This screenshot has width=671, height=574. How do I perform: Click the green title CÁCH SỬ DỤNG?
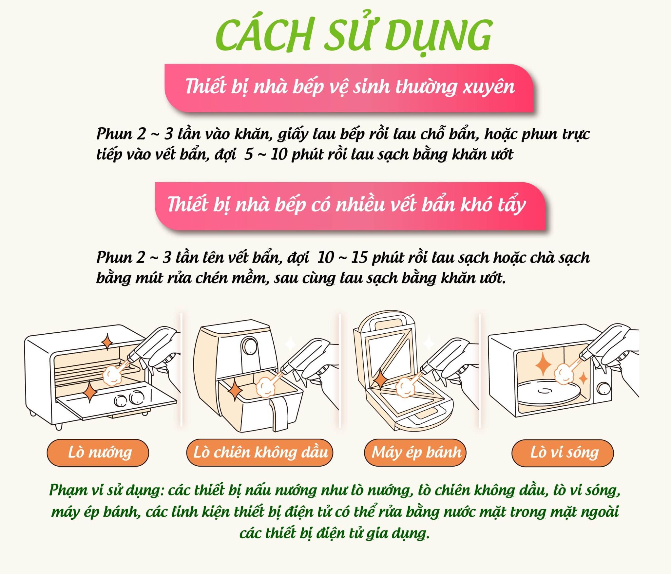coord(354,35)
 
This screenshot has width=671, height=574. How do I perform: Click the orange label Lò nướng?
coord(98,453)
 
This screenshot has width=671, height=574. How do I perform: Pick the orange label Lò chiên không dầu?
coord(260,453)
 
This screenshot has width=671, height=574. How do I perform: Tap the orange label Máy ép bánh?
coord(415,453)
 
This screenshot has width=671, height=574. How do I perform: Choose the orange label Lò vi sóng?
coord(563,453)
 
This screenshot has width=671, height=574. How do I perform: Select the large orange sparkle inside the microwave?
coord(543,364)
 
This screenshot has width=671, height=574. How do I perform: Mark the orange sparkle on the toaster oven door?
coord(89,391)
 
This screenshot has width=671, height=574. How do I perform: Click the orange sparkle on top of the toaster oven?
coord(107,342)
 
